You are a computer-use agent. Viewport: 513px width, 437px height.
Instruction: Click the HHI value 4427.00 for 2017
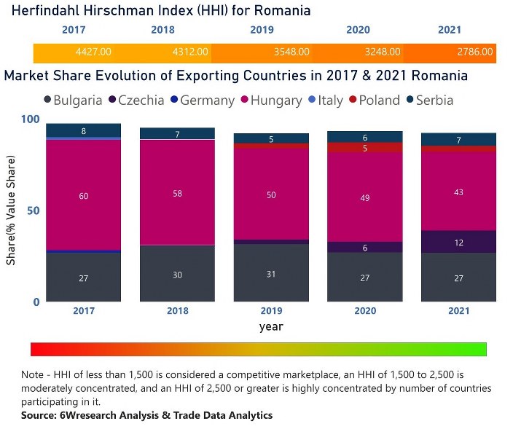click(x=93, y=52)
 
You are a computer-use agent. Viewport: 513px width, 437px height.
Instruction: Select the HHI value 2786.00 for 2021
click(x=475, y=52)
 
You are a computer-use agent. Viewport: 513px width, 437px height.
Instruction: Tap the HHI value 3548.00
click(x=292, y=52)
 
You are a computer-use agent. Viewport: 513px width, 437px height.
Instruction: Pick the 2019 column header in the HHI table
click(x=262, y=31)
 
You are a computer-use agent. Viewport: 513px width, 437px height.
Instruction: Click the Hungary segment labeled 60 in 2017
click(x=83, y=196)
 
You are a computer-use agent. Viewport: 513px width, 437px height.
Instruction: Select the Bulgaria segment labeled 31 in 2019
click(x=271, y=273)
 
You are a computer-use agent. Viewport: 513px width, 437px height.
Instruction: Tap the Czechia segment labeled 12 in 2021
click(x=458, y=242)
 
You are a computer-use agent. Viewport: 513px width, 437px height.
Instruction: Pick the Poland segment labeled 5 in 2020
click(x=365, y=148)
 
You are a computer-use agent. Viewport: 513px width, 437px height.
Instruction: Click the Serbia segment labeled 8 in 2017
click(x=83, y=131)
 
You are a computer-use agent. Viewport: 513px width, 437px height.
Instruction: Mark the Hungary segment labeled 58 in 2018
click(x=177, y=192)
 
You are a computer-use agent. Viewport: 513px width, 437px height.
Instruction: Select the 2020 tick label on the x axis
click(x=365, y=311)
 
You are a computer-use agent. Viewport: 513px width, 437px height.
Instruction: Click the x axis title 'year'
click(x=271, y=327)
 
